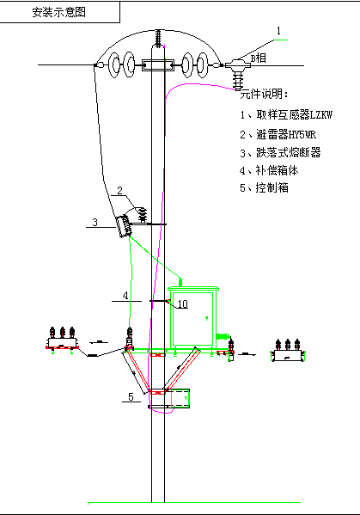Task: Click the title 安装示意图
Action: tap(59, 12)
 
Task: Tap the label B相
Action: tap(259, 58)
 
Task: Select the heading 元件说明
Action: tap(264, 94)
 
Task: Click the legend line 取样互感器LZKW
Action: tap(286, 114)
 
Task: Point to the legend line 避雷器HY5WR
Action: tap(278, 134)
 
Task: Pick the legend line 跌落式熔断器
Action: tap(280, 152)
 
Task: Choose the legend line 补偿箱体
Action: tap(269, 170)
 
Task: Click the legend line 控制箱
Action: tap(264, 188)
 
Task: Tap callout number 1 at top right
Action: tap(278, 31)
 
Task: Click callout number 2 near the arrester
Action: tap(119, 190)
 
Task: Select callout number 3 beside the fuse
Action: tap(95, 223)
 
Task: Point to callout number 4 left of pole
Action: tap(125, 295)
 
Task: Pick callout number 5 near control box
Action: tap(131, 396)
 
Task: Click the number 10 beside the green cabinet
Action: tap(182, 303)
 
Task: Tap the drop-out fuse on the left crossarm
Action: tap(124, 226)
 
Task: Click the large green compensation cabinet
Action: tap(192, 316)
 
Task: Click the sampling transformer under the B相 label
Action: tap(238, 74)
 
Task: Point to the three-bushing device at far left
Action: tap(62, 340)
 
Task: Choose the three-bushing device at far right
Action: tap(288, 351)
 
